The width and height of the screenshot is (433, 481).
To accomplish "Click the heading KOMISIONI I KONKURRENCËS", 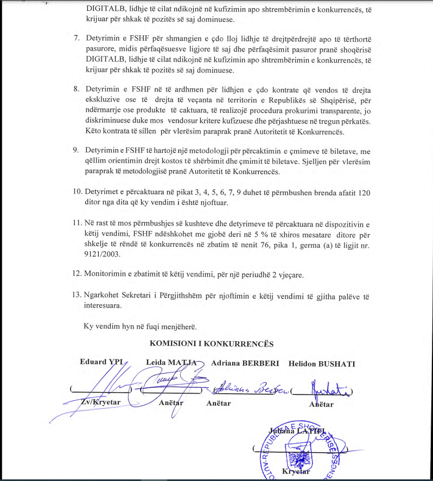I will (211, 344).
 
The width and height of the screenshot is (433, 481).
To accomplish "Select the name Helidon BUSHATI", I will (322, 363).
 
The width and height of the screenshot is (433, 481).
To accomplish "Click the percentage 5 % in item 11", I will (269, 233).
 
